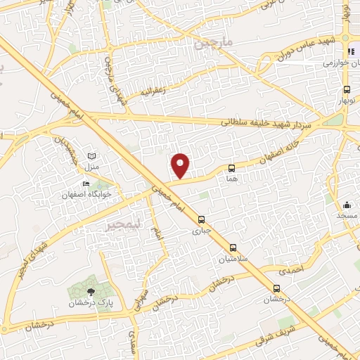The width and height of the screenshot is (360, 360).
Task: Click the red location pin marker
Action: point(181,165)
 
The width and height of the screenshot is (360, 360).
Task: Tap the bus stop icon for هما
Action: point(231,168)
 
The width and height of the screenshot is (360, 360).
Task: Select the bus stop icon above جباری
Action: point(202,219)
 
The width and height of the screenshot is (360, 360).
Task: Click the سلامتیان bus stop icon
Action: point(233,247)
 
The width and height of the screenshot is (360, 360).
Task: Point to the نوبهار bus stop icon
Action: point(347,89)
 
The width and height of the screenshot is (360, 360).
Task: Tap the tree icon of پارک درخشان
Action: point(90,292)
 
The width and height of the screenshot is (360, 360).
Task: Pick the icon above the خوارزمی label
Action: point(352,52)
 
